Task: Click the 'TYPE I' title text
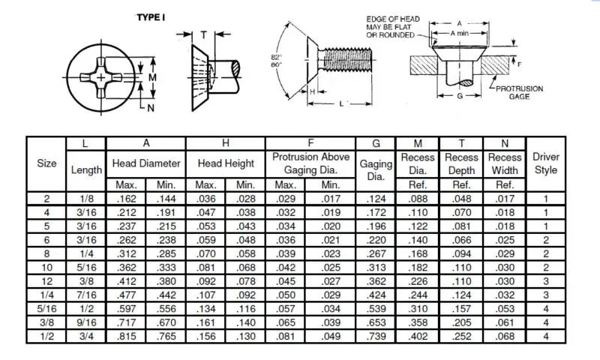[x=150, y=18]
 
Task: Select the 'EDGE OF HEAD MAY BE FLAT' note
[x=394, y=27]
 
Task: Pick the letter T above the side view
[x=204, y=34]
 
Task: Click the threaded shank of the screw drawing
[x=346, y=58]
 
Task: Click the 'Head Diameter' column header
[x=146, y=163]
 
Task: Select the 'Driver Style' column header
[x=545, y=163]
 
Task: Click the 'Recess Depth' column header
[x=461, y=163]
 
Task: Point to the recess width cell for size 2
[x=504, y=198]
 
